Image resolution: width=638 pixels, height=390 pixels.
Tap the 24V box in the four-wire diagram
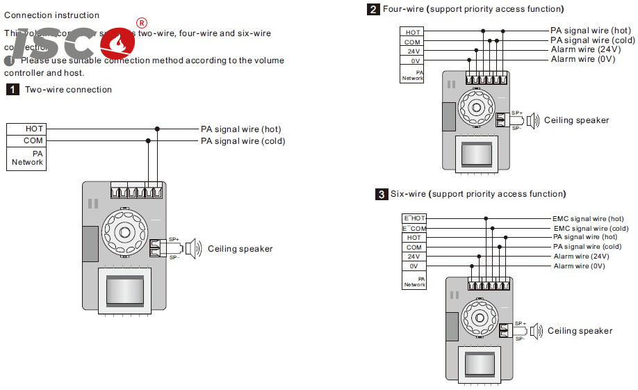(x=414, y=51)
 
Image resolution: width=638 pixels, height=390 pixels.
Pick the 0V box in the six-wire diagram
(x=414, y=266)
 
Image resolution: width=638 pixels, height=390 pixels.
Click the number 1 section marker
(x=13, y=90)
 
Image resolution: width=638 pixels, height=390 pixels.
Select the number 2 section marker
(x=374, y=9)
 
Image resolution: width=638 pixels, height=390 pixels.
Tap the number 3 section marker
(x=382, y=194)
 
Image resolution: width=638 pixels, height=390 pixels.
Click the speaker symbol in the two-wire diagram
(x=193, y=248)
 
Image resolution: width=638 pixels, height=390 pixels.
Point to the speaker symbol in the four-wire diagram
(x=532, y=121)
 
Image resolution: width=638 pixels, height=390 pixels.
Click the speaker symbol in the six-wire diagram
(x=535, y=331)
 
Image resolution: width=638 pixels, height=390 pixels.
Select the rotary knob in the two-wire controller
(x=124, y=231)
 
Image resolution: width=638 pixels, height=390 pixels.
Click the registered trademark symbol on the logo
(x=142, y=24)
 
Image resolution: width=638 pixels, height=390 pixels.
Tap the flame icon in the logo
(x=120, y=43)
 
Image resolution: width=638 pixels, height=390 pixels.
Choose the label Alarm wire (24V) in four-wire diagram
(x=582, y=50)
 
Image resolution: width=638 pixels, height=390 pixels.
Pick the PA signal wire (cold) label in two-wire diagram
(x=243, y=141)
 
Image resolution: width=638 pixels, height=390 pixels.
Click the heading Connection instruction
(x=51, y=15)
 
